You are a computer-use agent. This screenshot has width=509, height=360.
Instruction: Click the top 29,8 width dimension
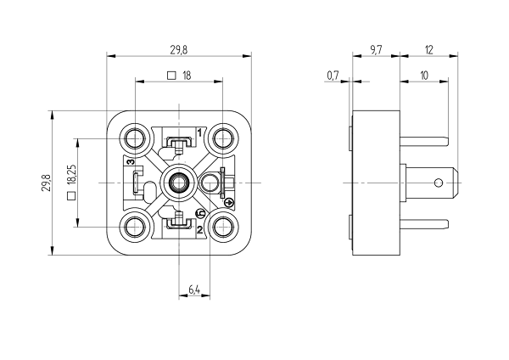click(179, 49)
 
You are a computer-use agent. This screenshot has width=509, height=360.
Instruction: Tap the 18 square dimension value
click(187, 76)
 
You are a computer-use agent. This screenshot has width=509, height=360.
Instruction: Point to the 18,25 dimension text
click(72, 174)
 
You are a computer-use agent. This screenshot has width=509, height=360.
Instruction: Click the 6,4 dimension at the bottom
click(193, 290)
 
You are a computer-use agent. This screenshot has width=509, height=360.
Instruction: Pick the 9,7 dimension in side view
click(377, 49)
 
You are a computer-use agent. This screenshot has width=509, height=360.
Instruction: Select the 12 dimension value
click(429, 49)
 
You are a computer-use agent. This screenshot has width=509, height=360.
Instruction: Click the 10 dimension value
click(423, 76)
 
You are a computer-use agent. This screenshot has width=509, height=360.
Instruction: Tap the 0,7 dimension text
click(333, 76)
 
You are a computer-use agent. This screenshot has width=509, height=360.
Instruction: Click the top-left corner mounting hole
click(135, 138)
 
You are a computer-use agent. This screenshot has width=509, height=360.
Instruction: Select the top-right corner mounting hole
click(223, 138)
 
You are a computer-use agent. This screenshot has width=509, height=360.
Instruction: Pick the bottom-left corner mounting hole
click(135, 227)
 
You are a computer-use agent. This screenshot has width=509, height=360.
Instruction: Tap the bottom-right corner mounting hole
click(223, 227)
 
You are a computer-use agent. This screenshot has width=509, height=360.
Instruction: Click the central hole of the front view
click(179, 183)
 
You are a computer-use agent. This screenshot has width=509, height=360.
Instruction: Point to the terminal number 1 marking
click(199, 132)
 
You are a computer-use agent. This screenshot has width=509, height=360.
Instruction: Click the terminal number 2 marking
click(199, 229)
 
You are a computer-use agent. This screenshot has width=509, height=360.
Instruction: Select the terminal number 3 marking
click(130, 162)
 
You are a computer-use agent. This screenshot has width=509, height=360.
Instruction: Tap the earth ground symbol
click(228, 201)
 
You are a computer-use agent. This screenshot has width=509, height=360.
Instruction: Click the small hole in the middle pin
click(439, 183)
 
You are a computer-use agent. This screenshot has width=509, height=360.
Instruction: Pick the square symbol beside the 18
click(172, 76)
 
